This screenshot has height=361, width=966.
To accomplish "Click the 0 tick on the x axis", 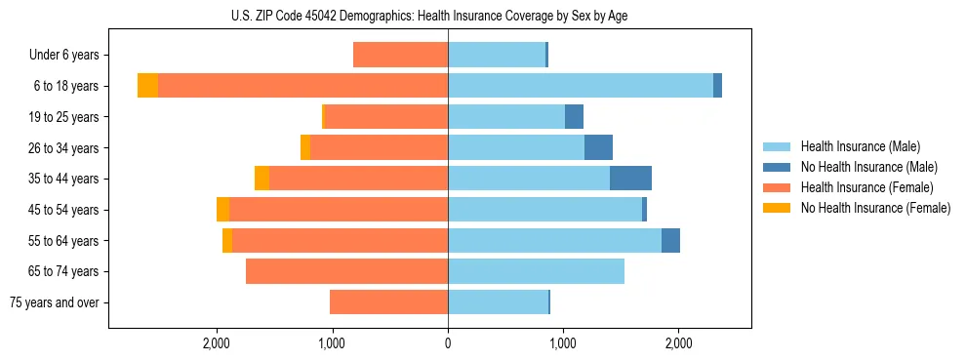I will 448,343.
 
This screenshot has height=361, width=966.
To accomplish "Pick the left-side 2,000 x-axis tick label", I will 217,343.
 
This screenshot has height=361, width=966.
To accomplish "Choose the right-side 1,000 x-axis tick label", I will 563,343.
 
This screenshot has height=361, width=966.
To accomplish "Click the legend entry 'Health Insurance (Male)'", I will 860,146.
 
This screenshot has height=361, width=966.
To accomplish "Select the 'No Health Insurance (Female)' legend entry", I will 875,208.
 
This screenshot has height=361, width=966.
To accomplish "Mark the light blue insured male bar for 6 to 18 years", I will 581,86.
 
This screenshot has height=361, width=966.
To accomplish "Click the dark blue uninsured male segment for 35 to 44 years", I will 630,179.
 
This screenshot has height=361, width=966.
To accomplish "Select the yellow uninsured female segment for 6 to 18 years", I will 147,86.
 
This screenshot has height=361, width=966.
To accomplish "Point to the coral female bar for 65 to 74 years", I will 346,271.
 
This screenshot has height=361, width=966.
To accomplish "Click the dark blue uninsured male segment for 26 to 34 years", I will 598,147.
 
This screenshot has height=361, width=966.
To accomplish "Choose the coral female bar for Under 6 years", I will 400,55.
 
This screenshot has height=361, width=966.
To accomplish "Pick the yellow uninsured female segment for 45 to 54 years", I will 222,210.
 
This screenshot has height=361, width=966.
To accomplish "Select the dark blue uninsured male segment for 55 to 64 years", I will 670,240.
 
